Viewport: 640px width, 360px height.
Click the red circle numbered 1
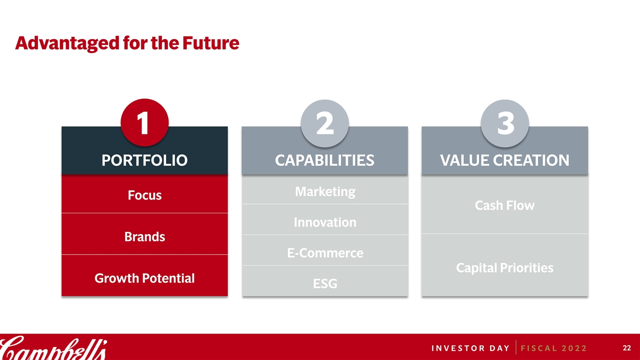pos(144,122)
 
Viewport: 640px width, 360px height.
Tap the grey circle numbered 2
pos(324,123)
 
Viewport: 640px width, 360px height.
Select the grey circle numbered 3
pos(504,123)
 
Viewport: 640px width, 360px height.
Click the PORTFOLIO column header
pos(144,160)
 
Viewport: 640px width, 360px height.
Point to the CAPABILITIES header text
pos(324,160)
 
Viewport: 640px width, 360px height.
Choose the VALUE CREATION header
pos(504,160)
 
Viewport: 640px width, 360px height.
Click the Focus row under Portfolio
pos(144,195)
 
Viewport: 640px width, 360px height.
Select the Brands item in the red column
pos(144,237)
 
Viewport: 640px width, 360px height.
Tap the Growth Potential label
pos(144,278)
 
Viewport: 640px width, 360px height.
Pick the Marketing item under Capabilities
pos(325,191)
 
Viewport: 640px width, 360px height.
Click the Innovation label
pos(325,222)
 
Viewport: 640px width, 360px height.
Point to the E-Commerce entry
pos(325,253)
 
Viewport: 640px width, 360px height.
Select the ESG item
pos(325,283)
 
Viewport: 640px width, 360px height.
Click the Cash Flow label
pos(504,205)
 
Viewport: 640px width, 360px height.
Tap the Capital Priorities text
pos(504,268)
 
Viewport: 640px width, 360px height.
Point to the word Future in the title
pos(211,43)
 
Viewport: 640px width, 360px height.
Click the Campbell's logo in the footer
pos(53,347)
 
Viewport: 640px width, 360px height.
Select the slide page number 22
pos(627,348)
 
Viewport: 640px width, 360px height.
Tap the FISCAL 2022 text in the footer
pos(553,348)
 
